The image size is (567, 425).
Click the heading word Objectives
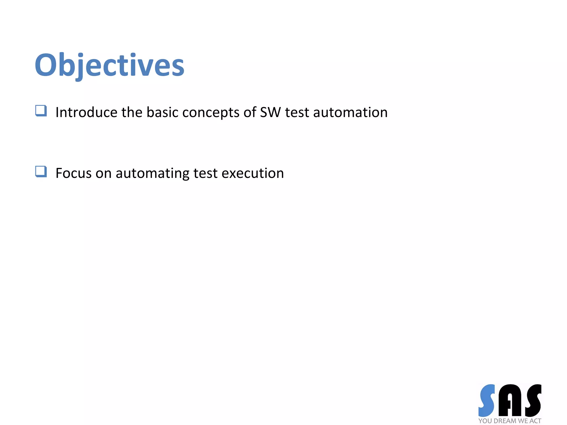click(x=109, y=65)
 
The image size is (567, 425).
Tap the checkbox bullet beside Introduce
click(x=41, y=111)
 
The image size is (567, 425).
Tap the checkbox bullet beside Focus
click(x=41, y=172)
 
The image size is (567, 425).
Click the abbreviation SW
click(x=270, y=112)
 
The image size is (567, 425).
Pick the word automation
click(x=350, y=112)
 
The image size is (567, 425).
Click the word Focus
click(x=73, y=173)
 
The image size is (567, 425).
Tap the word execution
click(x=252, y=173)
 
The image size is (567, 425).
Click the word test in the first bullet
click(x=297, y=112)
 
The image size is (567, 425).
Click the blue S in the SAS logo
click(x=487, y=400)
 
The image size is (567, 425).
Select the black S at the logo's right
click(x=533, y=400)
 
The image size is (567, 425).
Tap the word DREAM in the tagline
click(x=505, y=421)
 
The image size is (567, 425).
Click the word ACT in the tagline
click(x=535, y=421)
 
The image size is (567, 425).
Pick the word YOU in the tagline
click(x=485, y=421)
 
